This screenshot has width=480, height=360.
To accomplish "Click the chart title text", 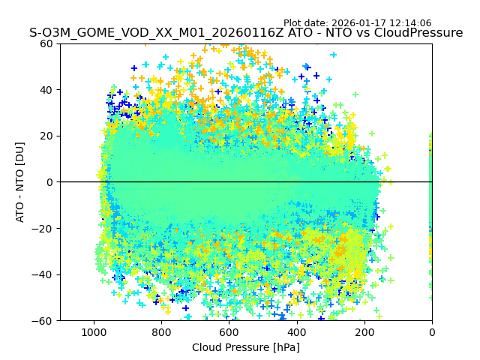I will pos(246,33).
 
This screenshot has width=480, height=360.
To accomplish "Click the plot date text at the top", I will pos(357,23).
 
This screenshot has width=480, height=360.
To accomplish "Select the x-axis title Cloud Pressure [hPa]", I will pos(246,347).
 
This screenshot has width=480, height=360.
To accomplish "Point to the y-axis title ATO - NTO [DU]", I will pos(20,182).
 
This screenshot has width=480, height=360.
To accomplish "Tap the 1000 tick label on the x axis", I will pos(94,331).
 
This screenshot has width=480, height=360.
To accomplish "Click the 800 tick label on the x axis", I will pos(161,331).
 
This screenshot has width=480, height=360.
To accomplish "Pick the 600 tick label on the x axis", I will pos(229,331).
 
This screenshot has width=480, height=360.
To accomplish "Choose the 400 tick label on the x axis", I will pos(296,331).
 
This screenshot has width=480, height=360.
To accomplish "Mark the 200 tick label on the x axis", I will pos(364,331).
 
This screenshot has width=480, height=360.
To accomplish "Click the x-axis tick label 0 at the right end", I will pos(432,331).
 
